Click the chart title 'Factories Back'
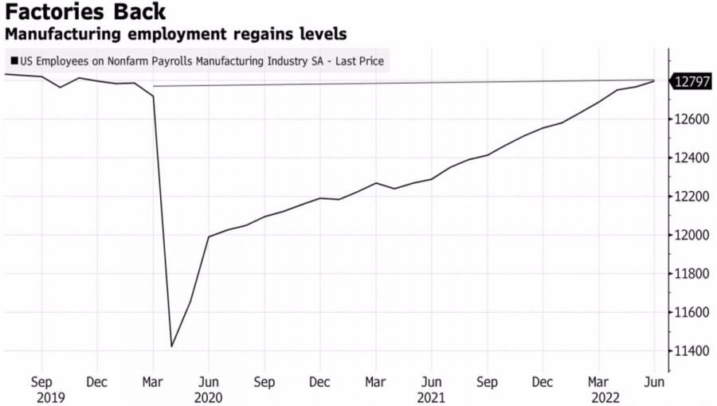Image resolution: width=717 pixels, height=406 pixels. pyautogui.click(x=86, y=13)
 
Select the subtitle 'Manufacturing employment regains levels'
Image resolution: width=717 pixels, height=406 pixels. pyautogui.click(x=176, y=35)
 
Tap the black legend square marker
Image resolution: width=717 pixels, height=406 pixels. pyautogui.click(x=14, y=61)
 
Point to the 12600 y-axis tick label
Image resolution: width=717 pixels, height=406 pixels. pyautogui.click(x=690, y=119)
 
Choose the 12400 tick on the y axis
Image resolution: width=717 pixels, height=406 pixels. pyautogui.click(x=690, y=158)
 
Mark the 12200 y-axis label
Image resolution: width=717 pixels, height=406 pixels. pyautogui.click(x=690, y=197)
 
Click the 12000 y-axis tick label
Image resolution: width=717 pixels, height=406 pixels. pyautogui.click(x=690, y=236)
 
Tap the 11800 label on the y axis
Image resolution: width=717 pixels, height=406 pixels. pyautogui.click(x=690, y=274)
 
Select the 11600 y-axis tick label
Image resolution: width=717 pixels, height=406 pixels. pyautogui.click(x=690, y=313)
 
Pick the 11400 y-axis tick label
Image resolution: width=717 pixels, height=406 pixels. pyautogui.click(x=690, y=351)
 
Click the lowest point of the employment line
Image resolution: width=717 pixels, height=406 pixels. pyautogui.click(x=171, y=346)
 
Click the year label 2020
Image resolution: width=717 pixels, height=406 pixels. pyautogui.click(x=208, y=396)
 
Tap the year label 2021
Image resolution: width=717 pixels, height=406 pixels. pyautogui.click(x=431, y=396)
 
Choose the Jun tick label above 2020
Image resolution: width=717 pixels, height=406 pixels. pyautogui.click(x=208, y=381)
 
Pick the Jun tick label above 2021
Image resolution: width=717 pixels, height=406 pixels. pyautogui.click(x=431, y=381)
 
